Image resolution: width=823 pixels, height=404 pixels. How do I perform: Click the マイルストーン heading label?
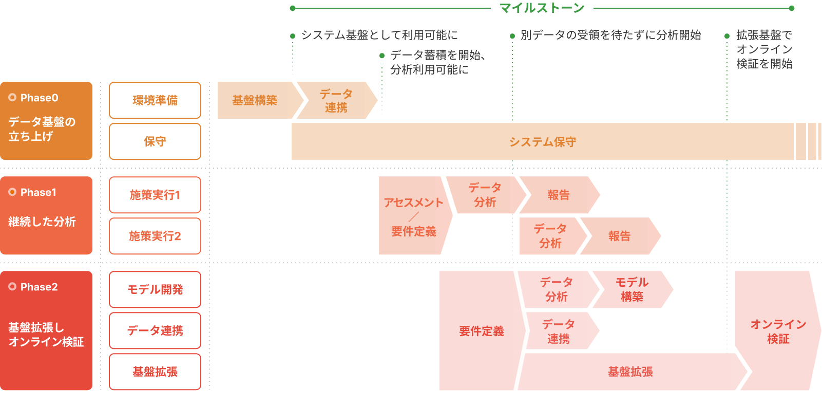(542, 8)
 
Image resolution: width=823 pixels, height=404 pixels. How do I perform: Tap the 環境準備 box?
(155, 100)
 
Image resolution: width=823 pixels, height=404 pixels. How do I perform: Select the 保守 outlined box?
(155, 141)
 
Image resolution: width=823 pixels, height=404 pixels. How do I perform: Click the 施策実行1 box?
(155, 195)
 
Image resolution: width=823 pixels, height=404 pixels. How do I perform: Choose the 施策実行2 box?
(155, 236)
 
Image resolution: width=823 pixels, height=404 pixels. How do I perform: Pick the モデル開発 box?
(155, 289)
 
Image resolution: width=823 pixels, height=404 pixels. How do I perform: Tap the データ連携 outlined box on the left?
(155, 330)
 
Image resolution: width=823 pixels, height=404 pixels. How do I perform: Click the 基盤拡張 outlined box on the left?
(155, 372)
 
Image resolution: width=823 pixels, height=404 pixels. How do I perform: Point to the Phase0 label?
(39, 98)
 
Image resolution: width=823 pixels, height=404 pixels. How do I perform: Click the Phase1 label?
(38, 192)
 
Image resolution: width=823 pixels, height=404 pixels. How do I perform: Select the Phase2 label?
(39, 287)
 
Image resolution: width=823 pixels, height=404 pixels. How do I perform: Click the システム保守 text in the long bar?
(542, 142)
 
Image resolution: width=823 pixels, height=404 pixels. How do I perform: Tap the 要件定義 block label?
(481, 331)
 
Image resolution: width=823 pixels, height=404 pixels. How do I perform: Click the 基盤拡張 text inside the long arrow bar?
(630, 372)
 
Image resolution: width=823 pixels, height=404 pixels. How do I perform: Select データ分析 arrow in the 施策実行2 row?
(550, 236)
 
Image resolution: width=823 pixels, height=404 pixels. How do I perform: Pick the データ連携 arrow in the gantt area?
(559, 332)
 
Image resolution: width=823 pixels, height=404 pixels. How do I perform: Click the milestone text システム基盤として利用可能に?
(379, 35)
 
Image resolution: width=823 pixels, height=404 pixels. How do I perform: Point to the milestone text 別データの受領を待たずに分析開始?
(610, 35)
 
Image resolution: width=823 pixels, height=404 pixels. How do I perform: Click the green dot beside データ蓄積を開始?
(382, 56)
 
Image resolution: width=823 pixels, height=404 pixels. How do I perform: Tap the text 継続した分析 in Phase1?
(42, 222)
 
